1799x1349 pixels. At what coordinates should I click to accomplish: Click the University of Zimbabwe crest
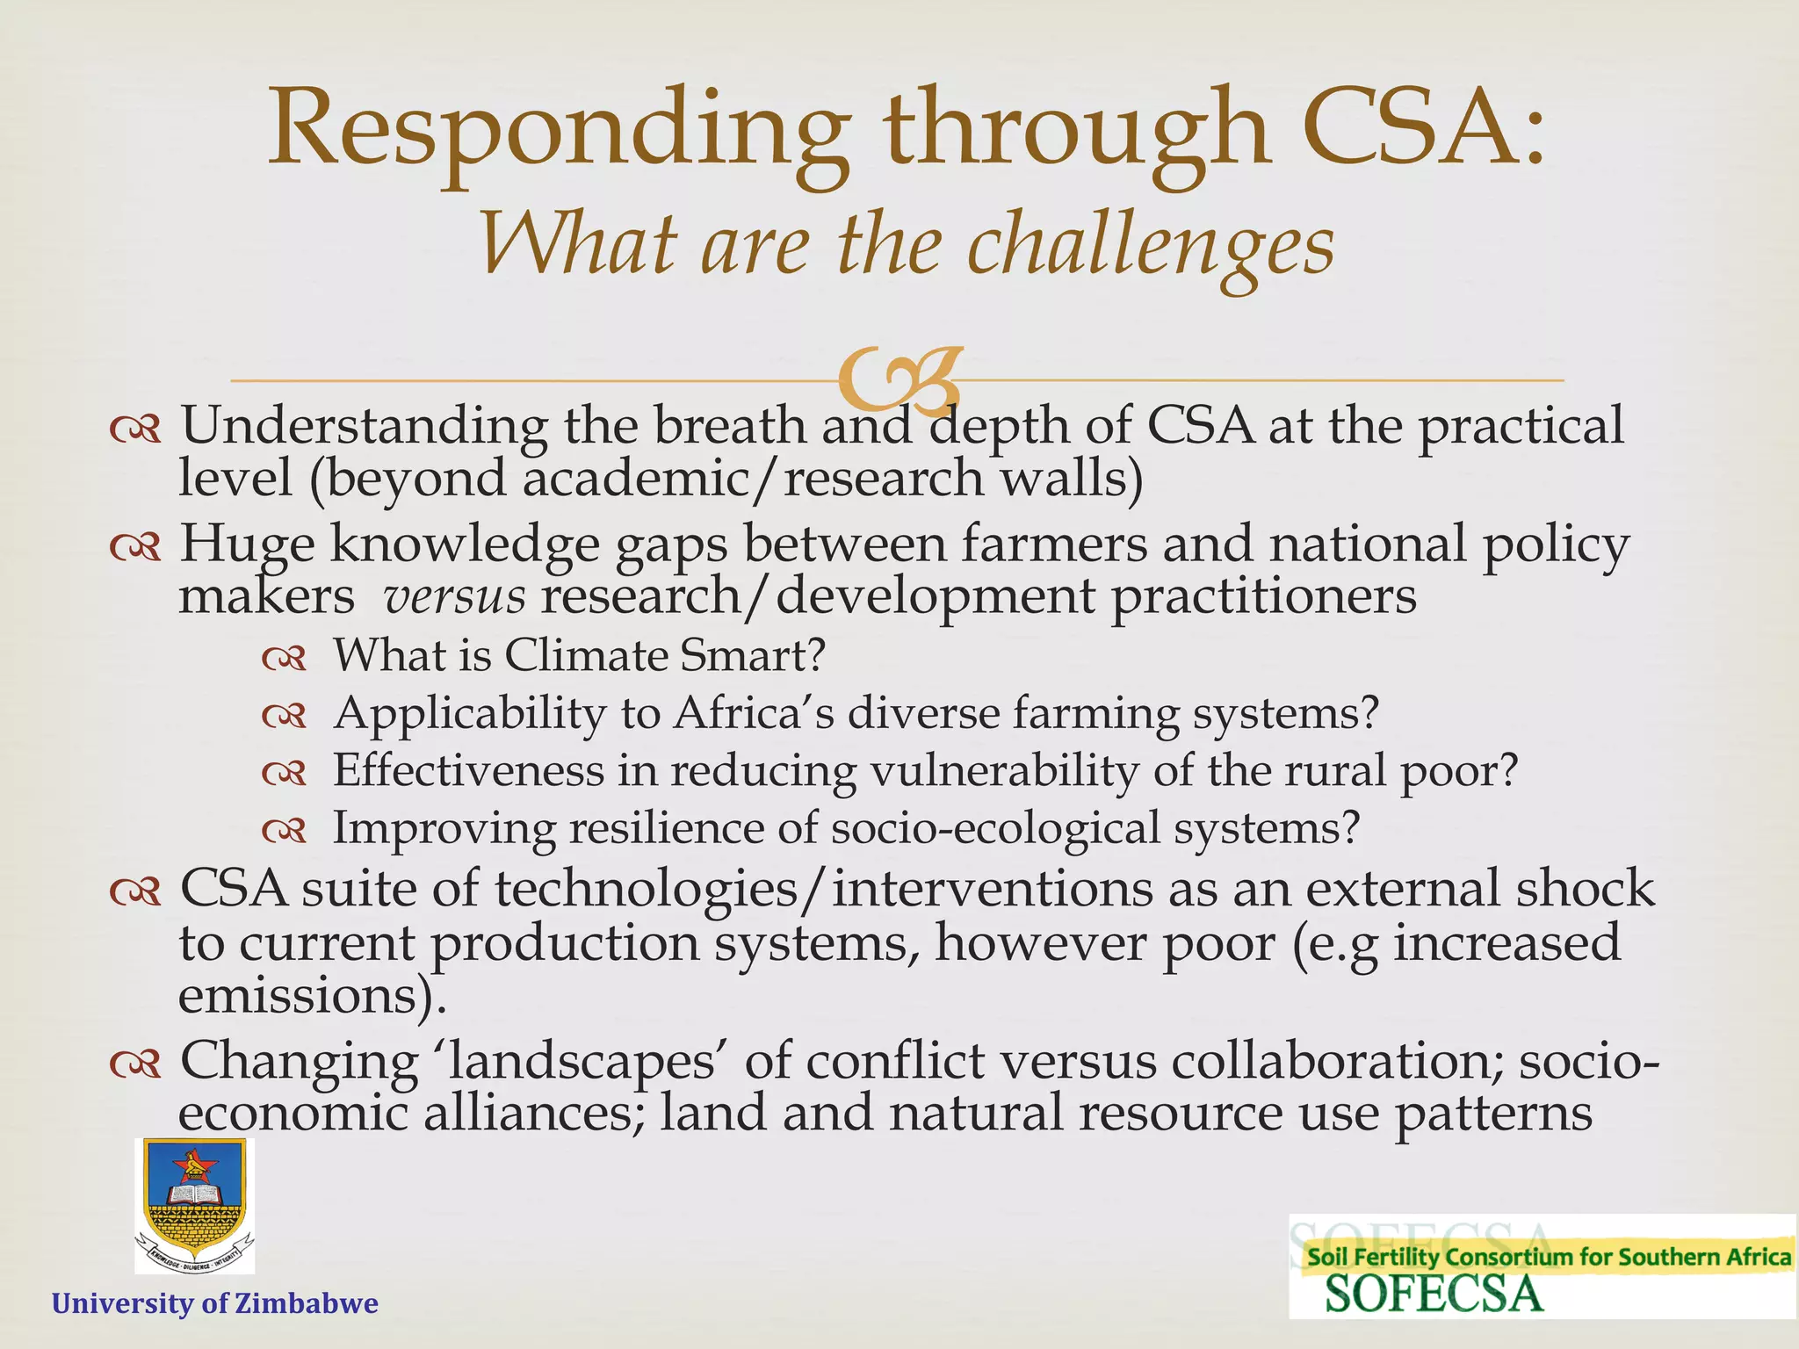(x=194, y=1205)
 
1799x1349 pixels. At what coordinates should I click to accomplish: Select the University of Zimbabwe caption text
(x=215, y=1302)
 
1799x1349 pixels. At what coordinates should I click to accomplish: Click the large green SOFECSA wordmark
(x=1434, y=1295)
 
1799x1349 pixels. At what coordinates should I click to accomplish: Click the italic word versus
(x=455, y=597)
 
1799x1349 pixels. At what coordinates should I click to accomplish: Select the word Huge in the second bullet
(x=247, y=544)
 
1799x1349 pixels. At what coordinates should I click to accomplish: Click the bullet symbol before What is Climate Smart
(x=284, y=658)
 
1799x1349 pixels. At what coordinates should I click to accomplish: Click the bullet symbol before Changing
(x=135, y=1064)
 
